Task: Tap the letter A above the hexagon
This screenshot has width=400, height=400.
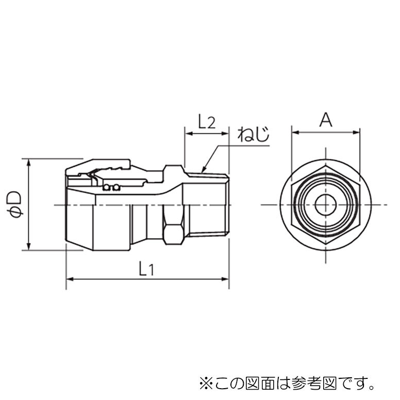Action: (326, 120)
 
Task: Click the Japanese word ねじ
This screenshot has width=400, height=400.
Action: (254, 134)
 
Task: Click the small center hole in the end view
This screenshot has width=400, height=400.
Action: (325, 204)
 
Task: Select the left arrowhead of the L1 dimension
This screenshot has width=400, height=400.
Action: (70, 279)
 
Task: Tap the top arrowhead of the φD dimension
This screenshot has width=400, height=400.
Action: (29, 163)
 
